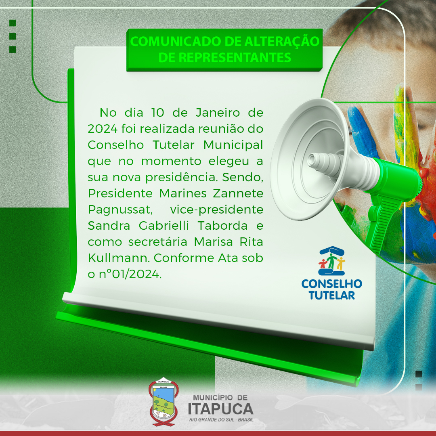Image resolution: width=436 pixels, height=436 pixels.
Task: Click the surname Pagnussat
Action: pyautogui.click(x=120, y=210)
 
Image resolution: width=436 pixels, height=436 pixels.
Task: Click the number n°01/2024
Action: pyautogui.click(x=130, y=274)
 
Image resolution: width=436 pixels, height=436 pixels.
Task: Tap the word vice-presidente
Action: pyautogui.click(x=217, y=210)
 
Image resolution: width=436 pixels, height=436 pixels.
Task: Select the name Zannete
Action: pyautogui.click(x=238, y=193)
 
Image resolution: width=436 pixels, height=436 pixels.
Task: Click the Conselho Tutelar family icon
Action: pyautogui.click(x=332, y=260)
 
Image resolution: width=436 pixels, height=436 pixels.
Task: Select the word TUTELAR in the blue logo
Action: pyautogui.click(x=332, y=295)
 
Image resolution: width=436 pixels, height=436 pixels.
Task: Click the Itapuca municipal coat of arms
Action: pyautogui.click(x=163, y=402)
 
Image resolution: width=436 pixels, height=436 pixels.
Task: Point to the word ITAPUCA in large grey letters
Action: pyautogui.click(x=220, y=409)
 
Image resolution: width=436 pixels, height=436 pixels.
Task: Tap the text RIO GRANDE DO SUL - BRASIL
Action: pyautogui.click(x=221, y=419)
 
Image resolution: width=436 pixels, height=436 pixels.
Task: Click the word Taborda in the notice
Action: pyautogui.click(x=222, y=226)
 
